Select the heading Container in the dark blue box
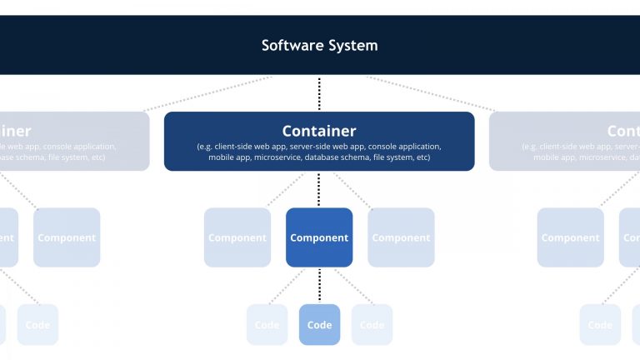coord(319,131)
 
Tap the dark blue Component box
coord(319,237)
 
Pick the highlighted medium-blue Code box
coord(319,324)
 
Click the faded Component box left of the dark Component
coord(237,237)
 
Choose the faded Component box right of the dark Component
coord(401,237)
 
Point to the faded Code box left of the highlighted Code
coord(267,324)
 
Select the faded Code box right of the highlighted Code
coord(372,324)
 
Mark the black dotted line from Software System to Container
coord(319,93)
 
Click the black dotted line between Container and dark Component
coord(319,189)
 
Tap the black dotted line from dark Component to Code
coord(319,285)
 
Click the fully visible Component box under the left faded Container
coord(67,237)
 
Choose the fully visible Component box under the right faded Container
coord(570,237)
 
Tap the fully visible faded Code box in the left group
coord(37,324)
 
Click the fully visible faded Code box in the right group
coord(600,324)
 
